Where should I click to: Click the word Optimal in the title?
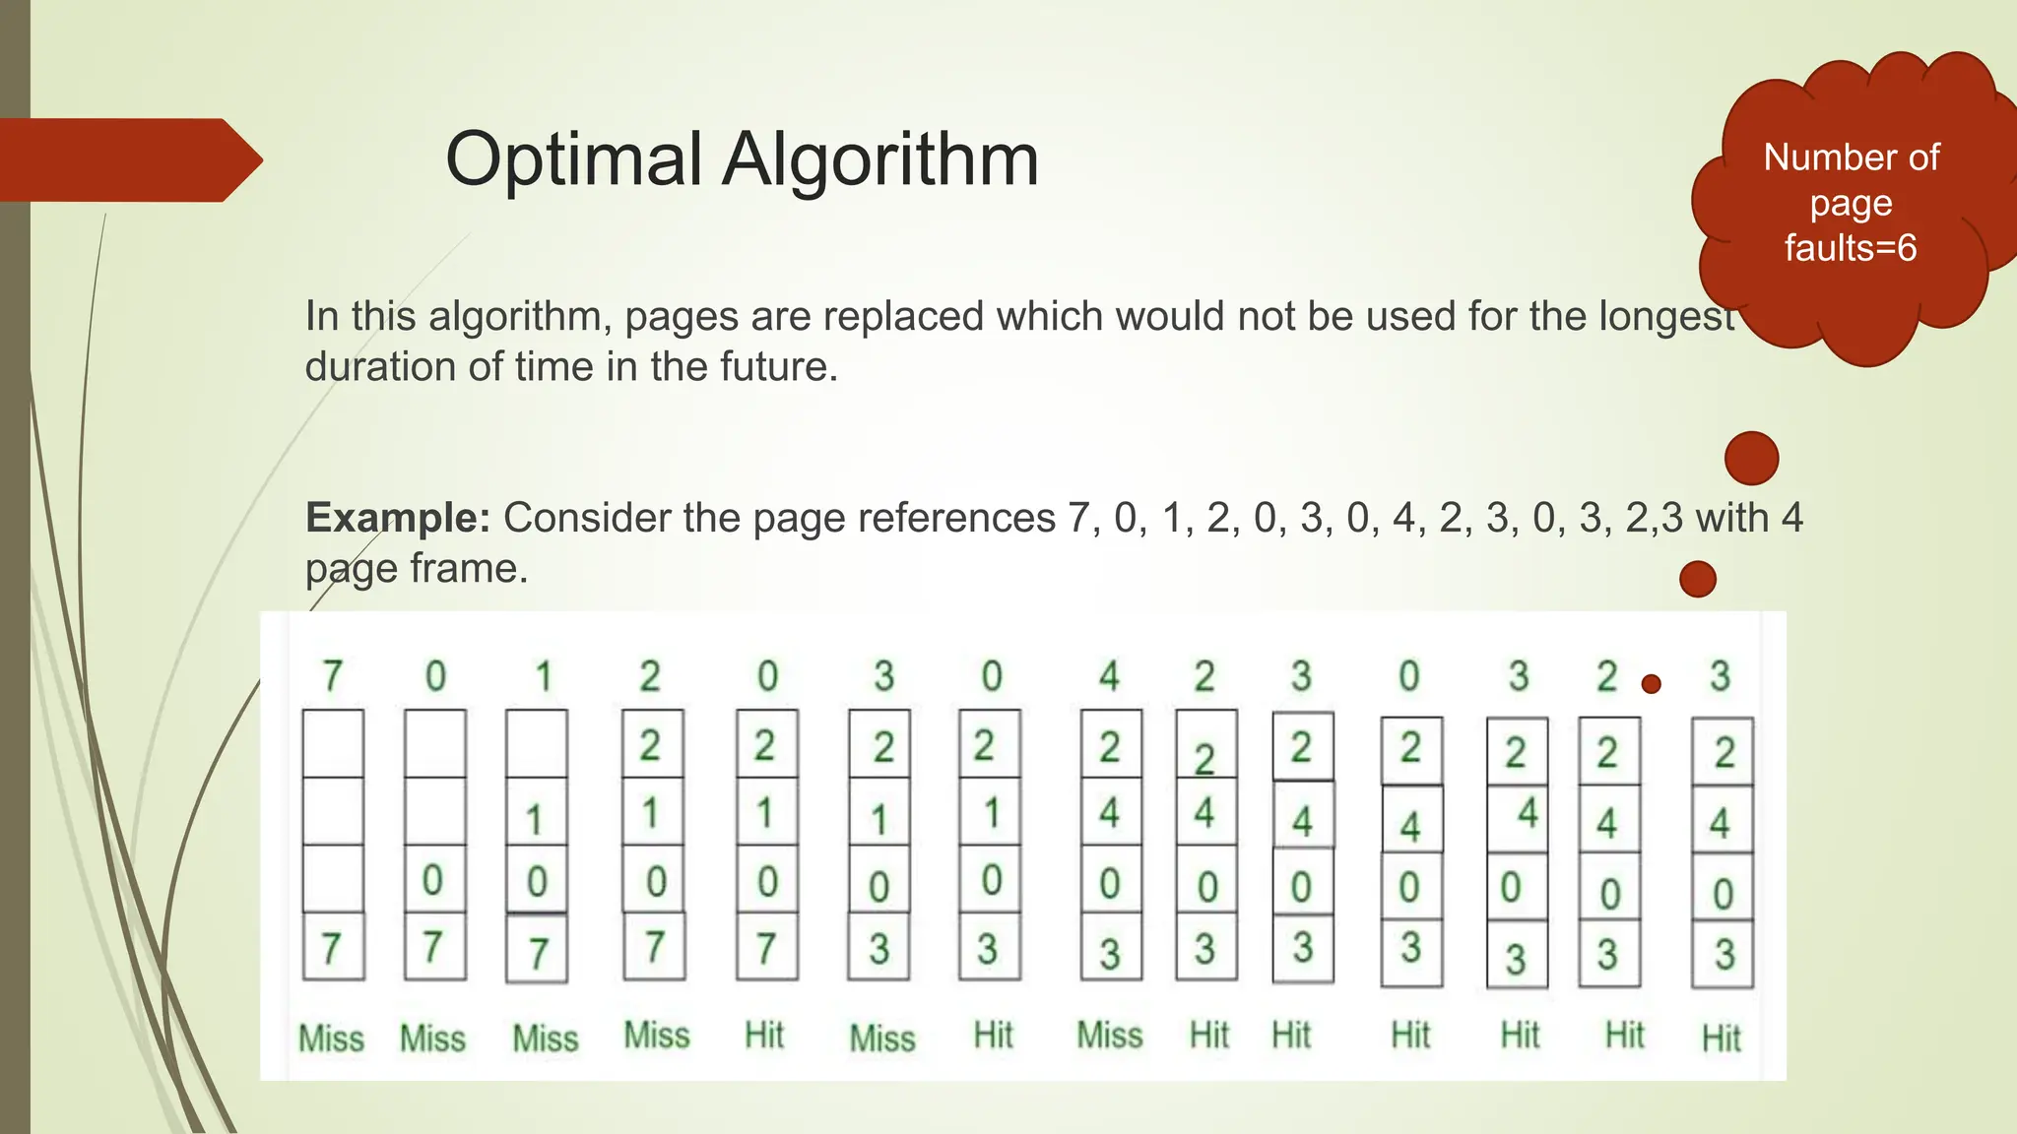[x=573, y=159]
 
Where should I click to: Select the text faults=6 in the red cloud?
[x=1851, y=248]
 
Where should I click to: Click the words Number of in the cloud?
[x=1851, y=157]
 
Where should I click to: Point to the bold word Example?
[x=397, y=518]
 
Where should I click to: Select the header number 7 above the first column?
[x=333, y=676]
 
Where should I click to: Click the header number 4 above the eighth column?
[x=1110, y=676]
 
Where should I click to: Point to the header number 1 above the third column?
[x=542, y=676]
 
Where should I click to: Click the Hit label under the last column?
[x=1722, y=1038]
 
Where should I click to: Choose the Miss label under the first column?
[x=331, y=1039]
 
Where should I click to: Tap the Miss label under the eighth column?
[x=1110, y=1036]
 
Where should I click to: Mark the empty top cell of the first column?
[x=333, y=743]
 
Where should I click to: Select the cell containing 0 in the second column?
[x=434, y=879]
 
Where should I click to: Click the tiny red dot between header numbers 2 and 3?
[x=1652, y=684]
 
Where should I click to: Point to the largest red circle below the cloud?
[x=1751, y=458]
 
